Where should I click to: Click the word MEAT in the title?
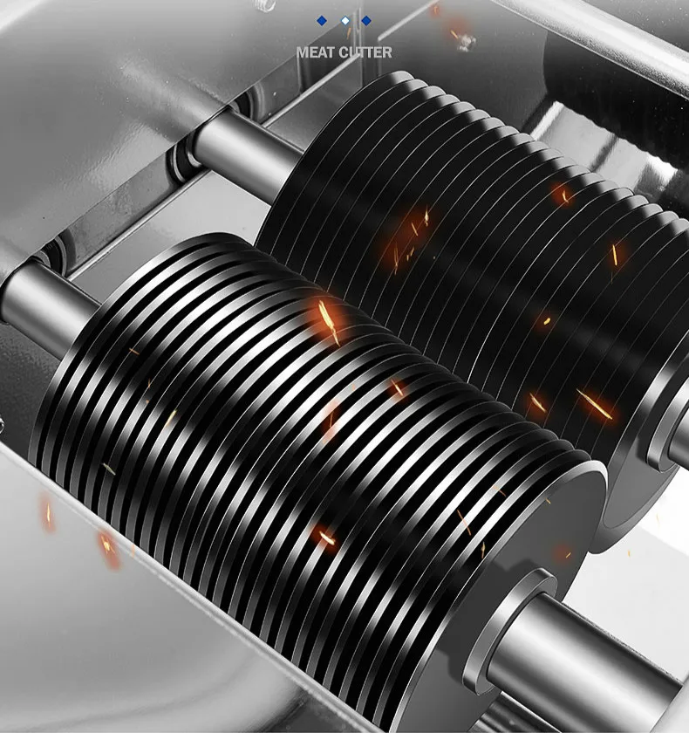click(x=316, y=52)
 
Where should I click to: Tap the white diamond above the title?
click(x=345, y=21)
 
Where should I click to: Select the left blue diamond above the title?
click(x=321, y=21)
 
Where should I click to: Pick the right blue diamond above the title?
click(x=366, y=21)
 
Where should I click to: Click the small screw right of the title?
click(x=465, y=42)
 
